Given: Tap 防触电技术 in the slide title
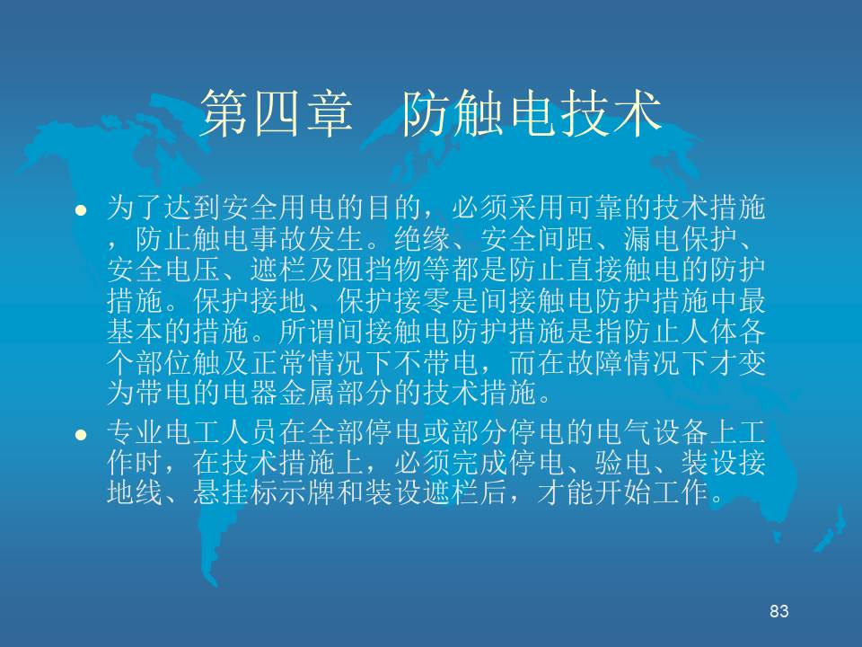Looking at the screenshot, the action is click(532, 114).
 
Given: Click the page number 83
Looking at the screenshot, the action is click(779, 611).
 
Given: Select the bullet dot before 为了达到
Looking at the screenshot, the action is click(81, 209).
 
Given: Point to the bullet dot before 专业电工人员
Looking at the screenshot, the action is click(81, 435).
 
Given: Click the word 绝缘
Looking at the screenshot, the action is click(422, 239).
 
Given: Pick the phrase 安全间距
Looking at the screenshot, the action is click(537, 239).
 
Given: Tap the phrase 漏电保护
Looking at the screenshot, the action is click(680, 239).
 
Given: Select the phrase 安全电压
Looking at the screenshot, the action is click(163, 270).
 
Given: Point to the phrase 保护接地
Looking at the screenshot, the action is click(250, 301).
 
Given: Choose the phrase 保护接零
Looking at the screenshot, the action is click(393, 301).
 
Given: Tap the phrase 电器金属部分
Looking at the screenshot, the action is click(307, 394).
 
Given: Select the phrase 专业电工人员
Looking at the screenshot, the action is click(192, 433).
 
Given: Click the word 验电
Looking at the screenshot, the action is click(623, 463).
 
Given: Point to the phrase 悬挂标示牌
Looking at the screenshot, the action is click(264, 492).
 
